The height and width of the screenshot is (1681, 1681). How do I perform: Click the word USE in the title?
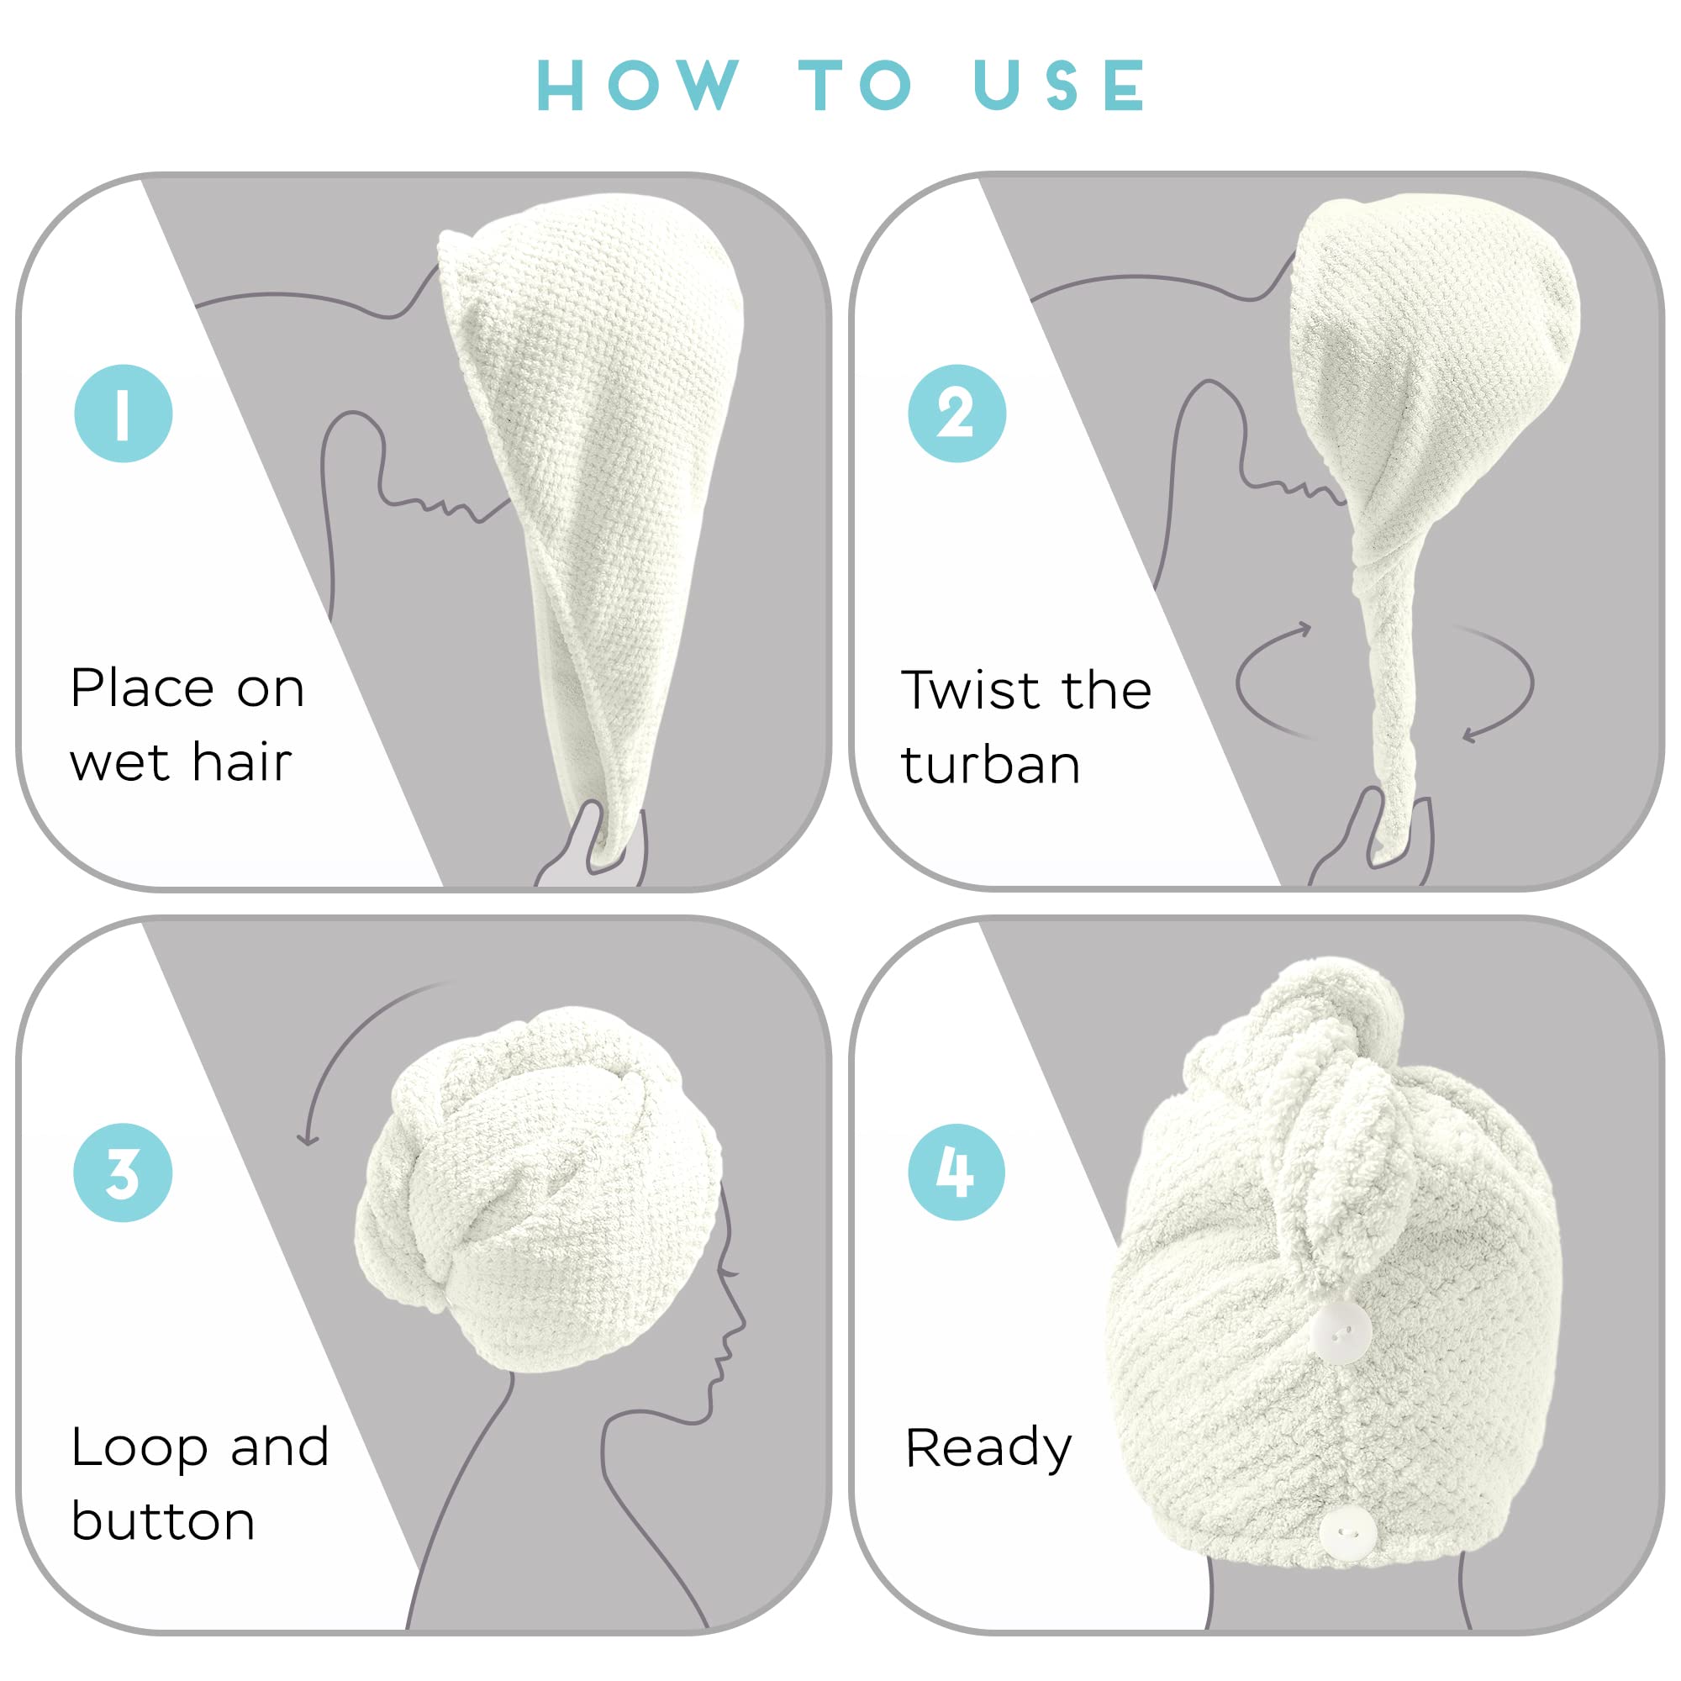click(x=1060, y=86)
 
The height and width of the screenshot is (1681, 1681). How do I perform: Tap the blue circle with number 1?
click(x=123, y=413)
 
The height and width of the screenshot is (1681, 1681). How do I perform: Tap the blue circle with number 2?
click(x=956, y=413)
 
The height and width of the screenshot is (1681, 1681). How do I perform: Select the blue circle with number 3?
click(x=123, y=1172)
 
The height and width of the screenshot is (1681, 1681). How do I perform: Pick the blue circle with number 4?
click(x=956, y=1171)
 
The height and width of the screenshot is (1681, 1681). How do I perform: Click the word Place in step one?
click(x=142, y=689)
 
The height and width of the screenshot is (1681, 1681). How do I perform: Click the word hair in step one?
click(x=241, y=763)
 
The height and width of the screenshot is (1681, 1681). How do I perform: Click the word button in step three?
click(x=163, y=1522)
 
